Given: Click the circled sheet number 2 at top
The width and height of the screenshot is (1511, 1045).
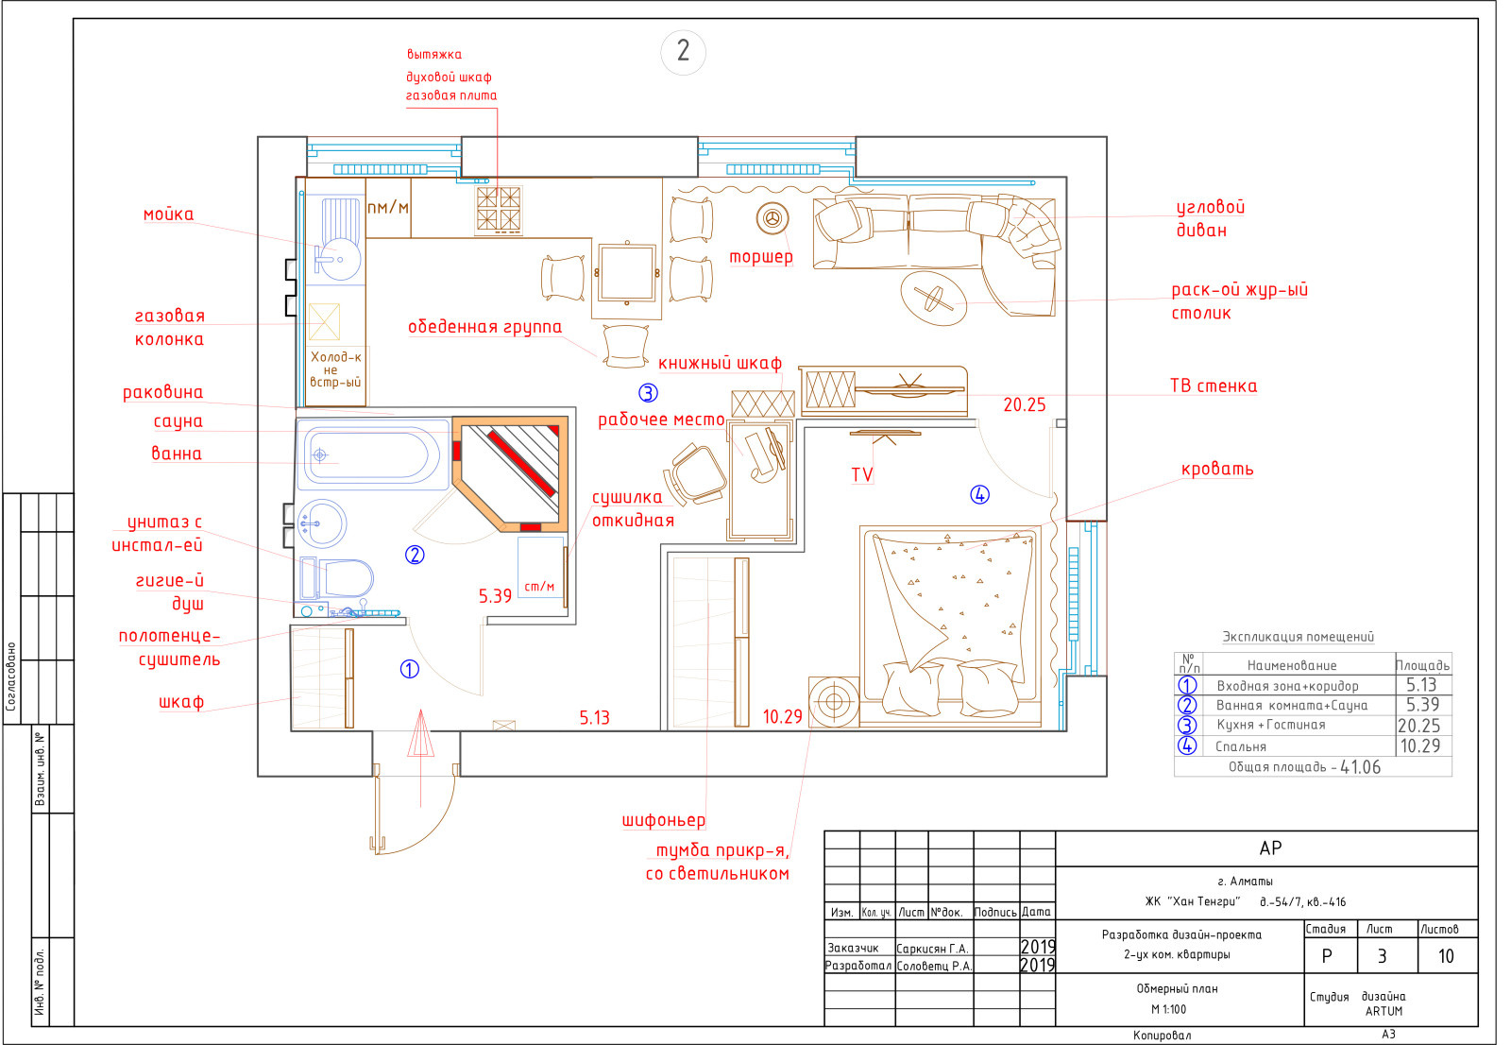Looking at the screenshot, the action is (x=683, y=51).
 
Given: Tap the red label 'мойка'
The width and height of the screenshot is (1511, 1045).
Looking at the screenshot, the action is (x=168, y=214).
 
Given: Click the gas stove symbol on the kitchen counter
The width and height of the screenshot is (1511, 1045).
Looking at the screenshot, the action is (x=499, y=210).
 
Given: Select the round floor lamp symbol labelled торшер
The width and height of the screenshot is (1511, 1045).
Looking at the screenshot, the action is (x=772, y=218).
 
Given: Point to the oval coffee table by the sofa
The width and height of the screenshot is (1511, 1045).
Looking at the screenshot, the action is (x=934, y=298).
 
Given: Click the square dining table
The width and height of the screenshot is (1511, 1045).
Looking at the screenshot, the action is (x=627, y=273).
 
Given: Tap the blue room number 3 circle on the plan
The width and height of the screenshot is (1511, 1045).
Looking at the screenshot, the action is (x=648, y=392).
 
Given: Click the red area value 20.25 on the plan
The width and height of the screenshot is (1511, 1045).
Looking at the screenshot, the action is (x=1024, y=405).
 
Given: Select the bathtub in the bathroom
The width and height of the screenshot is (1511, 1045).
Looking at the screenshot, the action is (x=372, y=454).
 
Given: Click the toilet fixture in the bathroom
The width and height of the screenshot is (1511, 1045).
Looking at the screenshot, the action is (x=336, y=578).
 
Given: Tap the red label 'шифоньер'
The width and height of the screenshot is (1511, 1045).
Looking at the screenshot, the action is (x=664, y=820).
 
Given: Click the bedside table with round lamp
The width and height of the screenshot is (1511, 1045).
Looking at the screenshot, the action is (x=834, y=701).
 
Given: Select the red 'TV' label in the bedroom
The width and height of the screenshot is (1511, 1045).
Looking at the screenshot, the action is (x=862, y=474).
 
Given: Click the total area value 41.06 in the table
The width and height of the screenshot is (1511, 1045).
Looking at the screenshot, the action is (x=1360, y=767).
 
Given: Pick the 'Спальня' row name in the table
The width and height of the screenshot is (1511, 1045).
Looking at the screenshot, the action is (x=1241, y=746).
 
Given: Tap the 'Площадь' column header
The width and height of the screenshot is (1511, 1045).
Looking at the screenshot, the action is (x=1422, y=665).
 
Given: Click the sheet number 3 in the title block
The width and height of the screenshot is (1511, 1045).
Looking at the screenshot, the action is (x=1382, y=956).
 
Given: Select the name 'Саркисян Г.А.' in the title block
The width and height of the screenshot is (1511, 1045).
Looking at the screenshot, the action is (x=932, y=949).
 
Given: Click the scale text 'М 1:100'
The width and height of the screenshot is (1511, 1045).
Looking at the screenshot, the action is (x=1168, y=1009).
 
